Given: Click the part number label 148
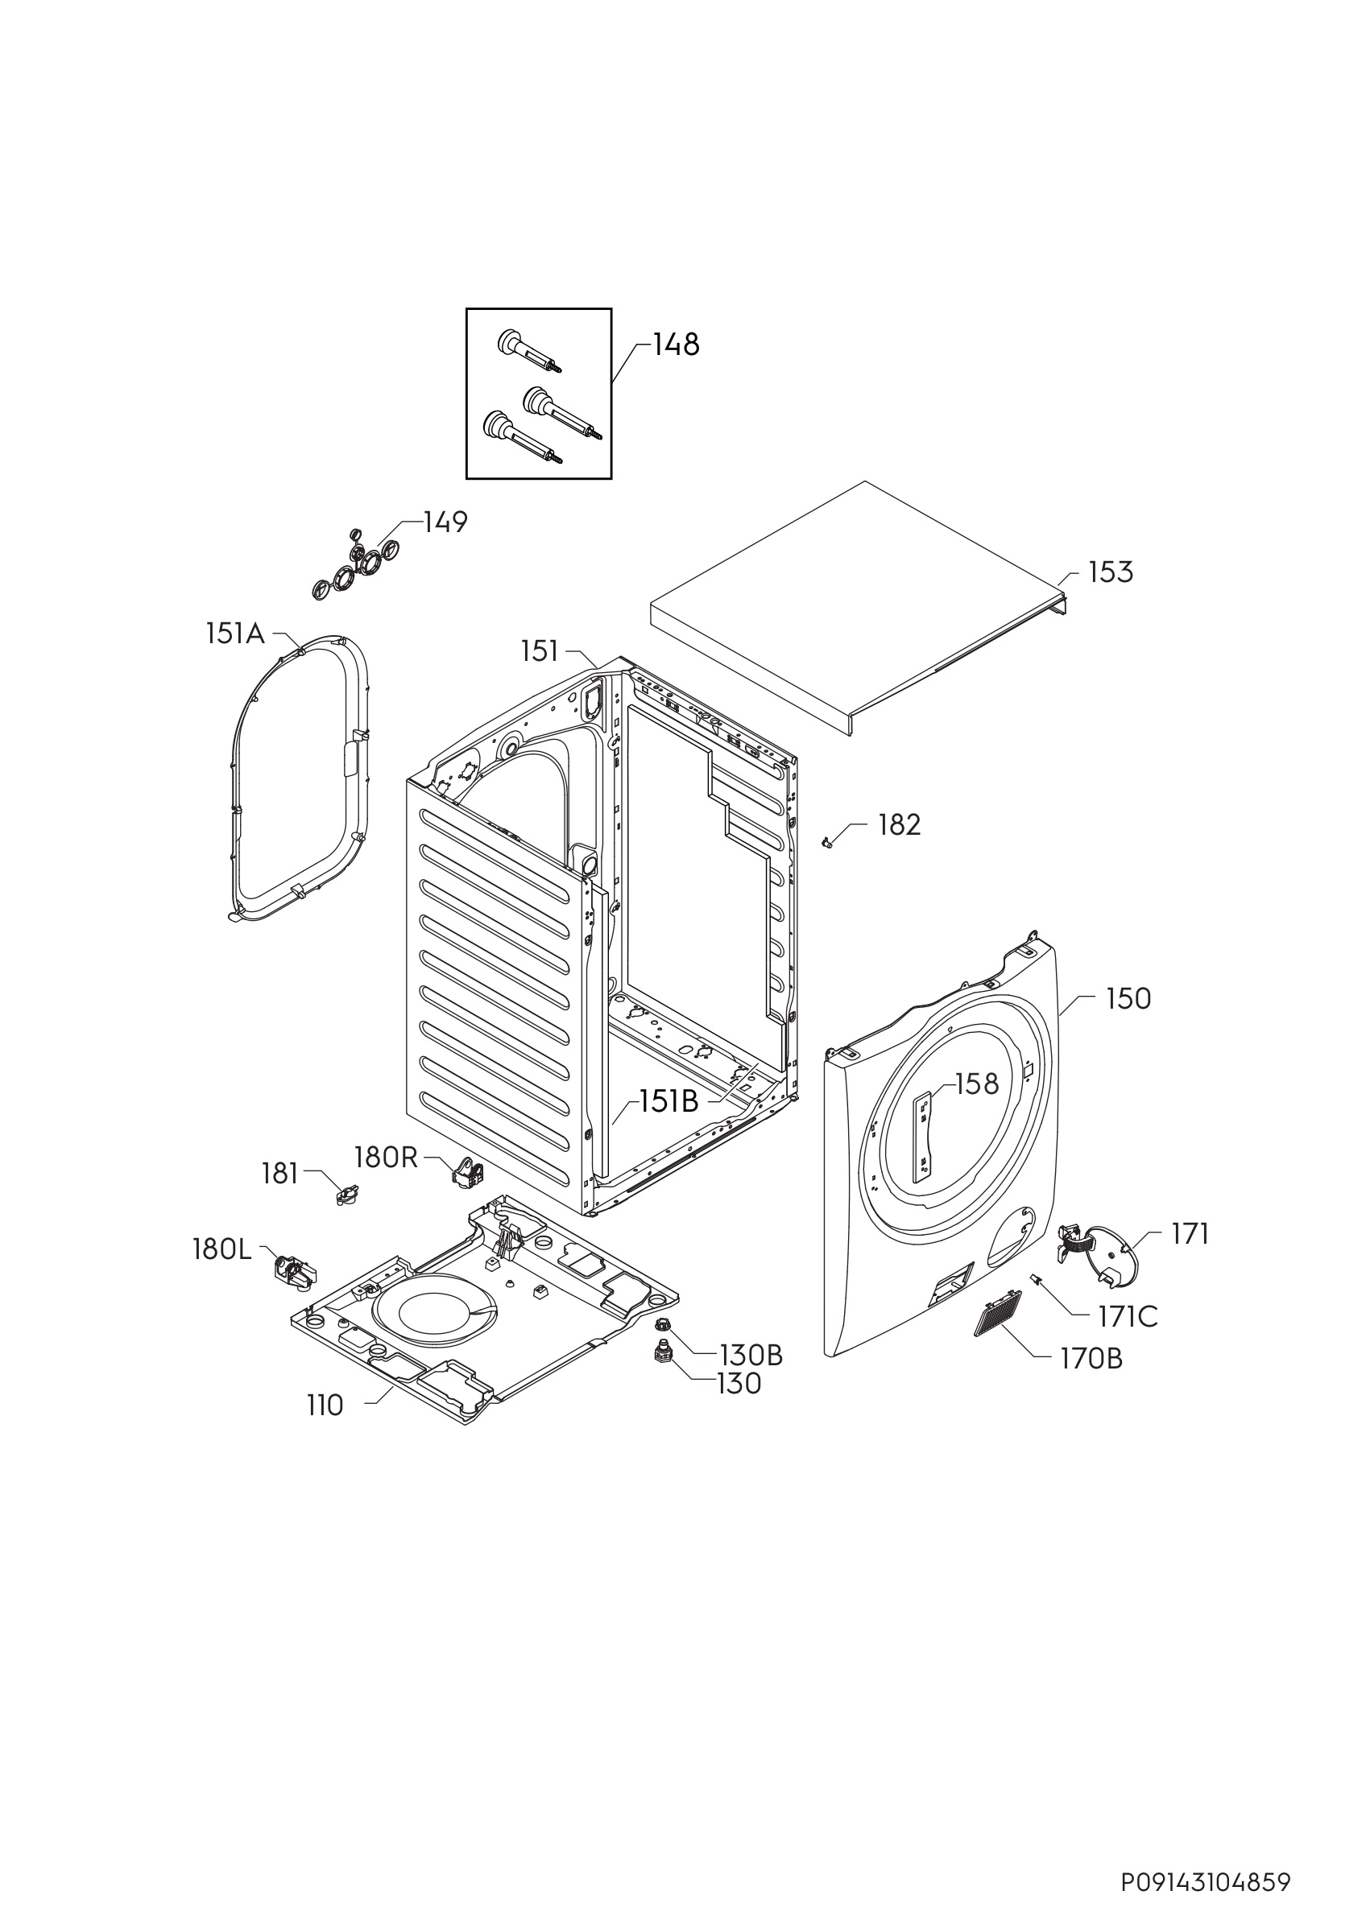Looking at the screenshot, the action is [x=676, y=345].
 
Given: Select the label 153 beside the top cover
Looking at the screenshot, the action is [x=1111, y=573].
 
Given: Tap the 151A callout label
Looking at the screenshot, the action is [x=235, y=633].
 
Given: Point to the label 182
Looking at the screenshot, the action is [x=900, y=824].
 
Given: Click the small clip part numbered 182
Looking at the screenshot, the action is [x=826, y=841].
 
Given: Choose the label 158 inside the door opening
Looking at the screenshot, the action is [x=977, y=1084].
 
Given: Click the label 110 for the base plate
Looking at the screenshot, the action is [x=325, y=1406].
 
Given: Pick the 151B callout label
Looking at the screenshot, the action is [x=669, y=1102].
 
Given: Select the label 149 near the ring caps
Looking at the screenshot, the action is [x=445, y=522].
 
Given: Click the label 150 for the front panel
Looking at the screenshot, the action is [x=1128, y=999].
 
